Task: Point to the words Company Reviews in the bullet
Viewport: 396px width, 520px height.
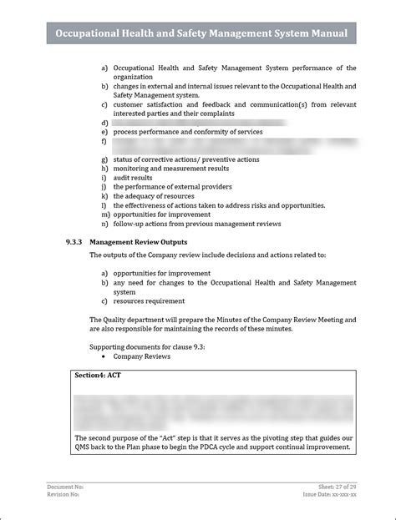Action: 142,356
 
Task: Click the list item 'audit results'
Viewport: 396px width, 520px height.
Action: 133,177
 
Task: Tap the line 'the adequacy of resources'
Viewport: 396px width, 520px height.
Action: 155,195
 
